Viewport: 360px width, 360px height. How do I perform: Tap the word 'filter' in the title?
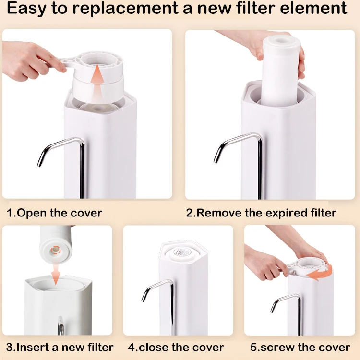click(x=269, y=9)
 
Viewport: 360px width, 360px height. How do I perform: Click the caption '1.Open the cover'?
click(x=54, y=213)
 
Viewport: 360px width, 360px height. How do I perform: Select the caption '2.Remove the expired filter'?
click(x=261, y=213)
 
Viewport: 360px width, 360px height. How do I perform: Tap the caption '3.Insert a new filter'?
click(x=60, y=347)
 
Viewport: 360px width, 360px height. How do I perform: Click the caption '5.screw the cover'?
click(x=300, y=347)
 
